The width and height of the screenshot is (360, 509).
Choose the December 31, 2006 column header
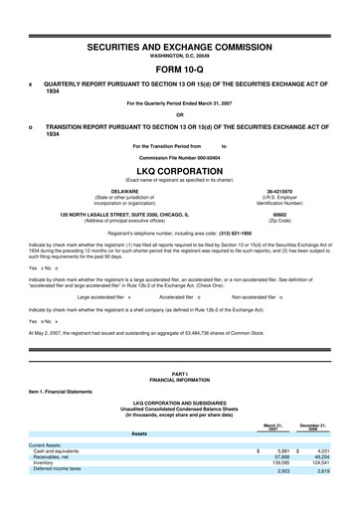(321, 427)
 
